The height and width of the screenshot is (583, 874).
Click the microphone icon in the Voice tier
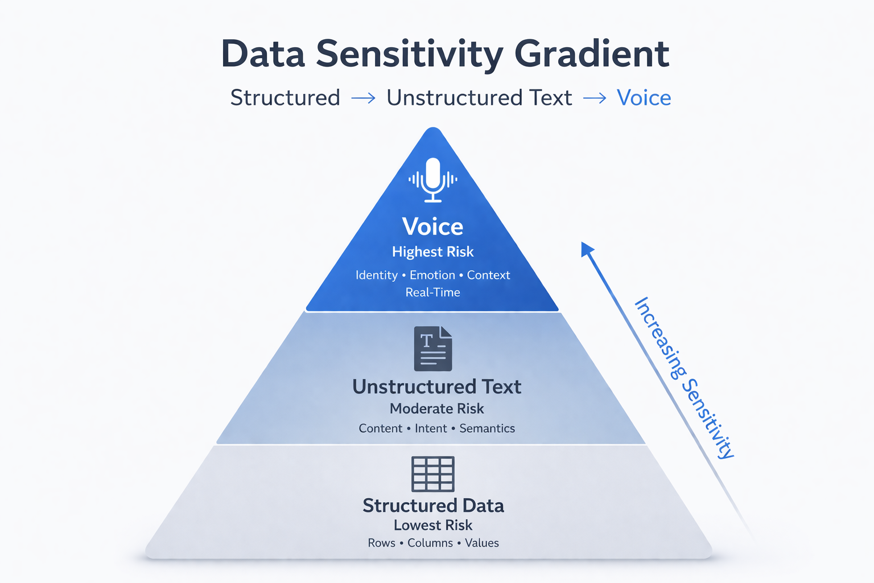433,179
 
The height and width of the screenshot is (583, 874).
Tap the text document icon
433,348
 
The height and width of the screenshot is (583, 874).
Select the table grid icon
433,474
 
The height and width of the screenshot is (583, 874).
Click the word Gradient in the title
592,54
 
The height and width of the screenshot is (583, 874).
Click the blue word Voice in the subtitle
644,98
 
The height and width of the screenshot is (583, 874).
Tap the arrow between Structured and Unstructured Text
364,98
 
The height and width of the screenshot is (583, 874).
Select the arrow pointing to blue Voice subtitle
595,98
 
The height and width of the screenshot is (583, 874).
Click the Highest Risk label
432,252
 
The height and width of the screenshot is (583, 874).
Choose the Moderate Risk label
436,409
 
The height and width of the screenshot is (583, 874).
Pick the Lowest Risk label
433,525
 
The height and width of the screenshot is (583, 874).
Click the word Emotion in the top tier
432,275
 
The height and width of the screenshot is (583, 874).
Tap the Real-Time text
432,292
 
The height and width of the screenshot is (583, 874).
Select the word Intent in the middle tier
431,428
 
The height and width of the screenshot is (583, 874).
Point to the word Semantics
487,428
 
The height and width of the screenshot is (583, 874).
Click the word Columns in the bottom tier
430,543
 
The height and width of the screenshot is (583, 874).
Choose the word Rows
381,543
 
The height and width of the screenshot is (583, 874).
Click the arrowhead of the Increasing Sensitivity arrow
587,249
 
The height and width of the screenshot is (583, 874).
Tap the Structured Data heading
433,506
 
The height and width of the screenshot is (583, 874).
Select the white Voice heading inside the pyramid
432,227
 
